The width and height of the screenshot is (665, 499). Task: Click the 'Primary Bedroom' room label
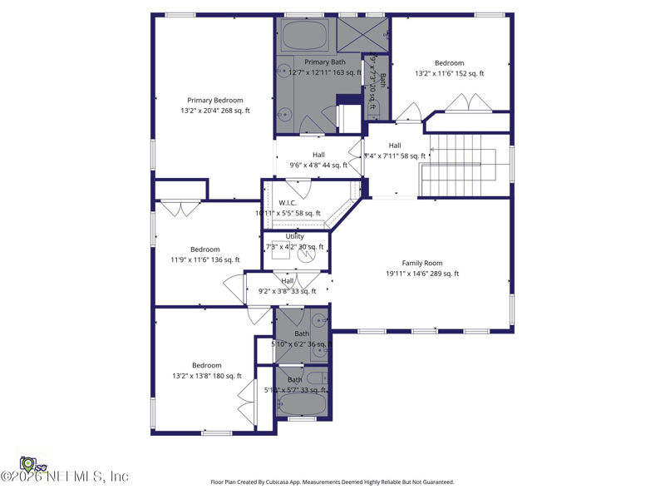click(x=214, y=100)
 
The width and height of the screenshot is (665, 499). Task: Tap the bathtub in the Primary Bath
click(x=304, y=36)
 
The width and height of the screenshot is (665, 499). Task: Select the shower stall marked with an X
click(x=362, y=34)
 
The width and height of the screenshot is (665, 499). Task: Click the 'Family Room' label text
click(x=422, y=263)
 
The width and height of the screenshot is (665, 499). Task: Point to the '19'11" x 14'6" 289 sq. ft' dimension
click(x=422, y=274)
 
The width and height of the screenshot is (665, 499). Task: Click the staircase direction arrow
click(x=453, y=166)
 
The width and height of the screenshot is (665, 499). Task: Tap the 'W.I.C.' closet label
click(x=288, y=203)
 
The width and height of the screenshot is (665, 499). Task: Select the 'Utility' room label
click(x=295, y=236)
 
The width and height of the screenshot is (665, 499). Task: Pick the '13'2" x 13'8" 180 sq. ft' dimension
click(x=207, y=376)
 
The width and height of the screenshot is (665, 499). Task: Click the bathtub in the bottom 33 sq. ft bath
click(x=302, y=404)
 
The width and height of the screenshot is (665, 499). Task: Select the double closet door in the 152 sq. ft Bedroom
click(x=469, y=103)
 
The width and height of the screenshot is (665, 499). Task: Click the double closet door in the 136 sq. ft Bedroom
click(x=180, y=208)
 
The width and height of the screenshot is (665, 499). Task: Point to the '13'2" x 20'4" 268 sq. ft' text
click(x=214, y=111)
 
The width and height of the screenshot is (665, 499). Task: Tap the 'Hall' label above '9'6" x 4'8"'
click(x=318, y=155)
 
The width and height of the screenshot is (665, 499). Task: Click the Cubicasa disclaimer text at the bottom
click(x=332, y=482)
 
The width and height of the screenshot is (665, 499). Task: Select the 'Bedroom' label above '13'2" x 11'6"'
click(x=450, y=62)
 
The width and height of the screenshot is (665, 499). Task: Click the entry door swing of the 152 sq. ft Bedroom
click(x=408, y=112)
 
